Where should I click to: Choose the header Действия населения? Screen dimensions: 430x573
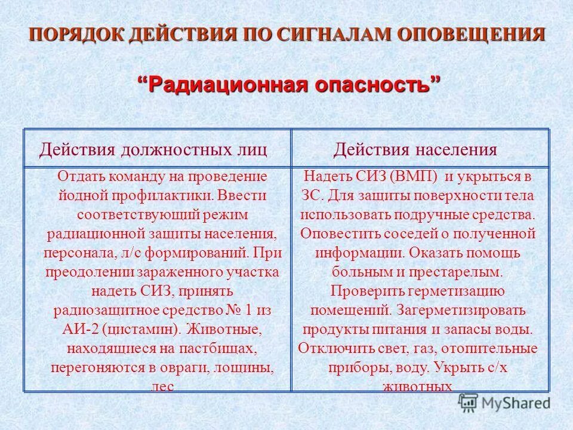(x=415, y=149)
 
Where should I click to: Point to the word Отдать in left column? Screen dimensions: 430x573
(x=77, y=177)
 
